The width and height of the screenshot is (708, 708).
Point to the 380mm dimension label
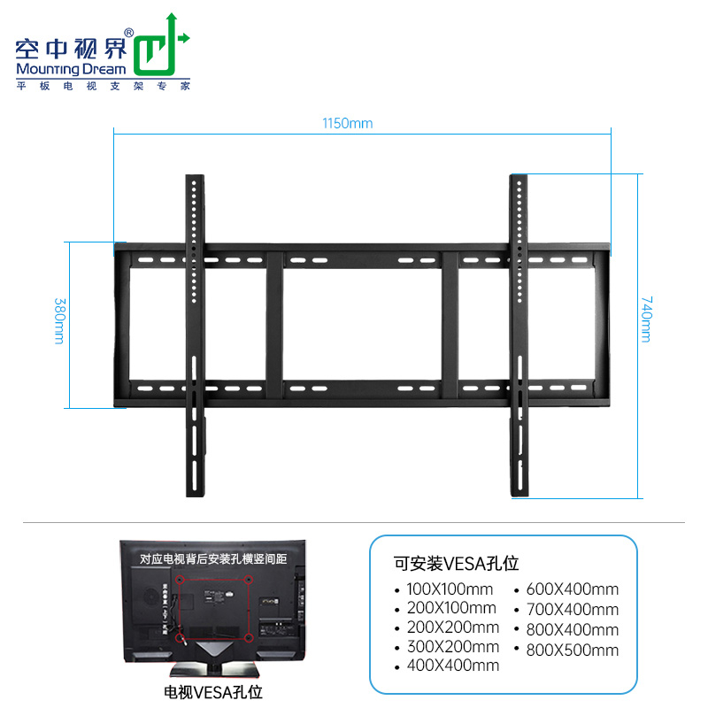coord(59,322)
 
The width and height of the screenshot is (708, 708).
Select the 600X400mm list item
coord(572,589)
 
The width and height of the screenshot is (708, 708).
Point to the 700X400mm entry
coord(572,609)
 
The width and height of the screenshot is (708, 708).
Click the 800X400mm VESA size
coord(572,629)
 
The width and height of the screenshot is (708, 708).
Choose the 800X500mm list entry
coord(572,650)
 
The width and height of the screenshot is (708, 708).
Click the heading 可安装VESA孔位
coord(456,563)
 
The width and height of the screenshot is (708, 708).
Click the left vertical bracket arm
coord(194,336)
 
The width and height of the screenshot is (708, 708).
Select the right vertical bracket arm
coord(519,336)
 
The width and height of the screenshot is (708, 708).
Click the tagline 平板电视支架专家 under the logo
coord(104,86)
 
